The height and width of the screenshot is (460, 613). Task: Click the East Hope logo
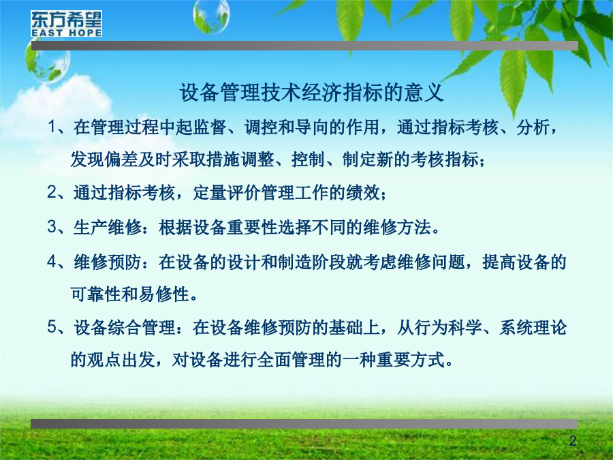tap(67, 23)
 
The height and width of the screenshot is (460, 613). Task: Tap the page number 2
tap(573, 441)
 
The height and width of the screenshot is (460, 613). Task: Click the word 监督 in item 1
tap(210, 127)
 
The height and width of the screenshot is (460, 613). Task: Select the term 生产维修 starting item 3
tap(108, 227)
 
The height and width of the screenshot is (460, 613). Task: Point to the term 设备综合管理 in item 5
tap(125, 327)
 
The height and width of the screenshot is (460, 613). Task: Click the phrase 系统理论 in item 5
tap(533, 327)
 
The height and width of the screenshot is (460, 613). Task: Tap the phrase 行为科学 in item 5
tap(447, 327)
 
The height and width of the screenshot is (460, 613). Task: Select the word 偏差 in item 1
tap(122, 159)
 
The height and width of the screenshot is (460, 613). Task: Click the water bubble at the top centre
tap(211, 16)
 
